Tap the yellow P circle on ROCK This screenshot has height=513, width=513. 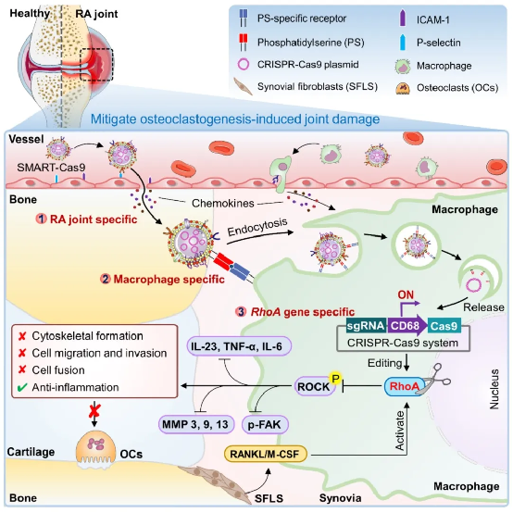click(x=335, y=379)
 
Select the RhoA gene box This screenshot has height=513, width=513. click(x=405, y=386)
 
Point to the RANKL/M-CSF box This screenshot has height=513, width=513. click(x=266, y=454)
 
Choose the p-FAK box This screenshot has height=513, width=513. click(x=265, y=425)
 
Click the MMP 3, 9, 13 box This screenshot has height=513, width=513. click(x=195, y=425)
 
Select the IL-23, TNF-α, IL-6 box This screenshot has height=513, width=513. click(x=239, y=346)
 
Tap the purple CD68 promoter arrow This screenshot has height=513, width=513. click(x=407, y=326)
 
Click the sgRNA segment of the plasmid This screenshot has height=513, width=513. click(x=367, y=326)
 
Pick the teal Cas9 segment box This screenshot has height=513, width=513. click(x=444, y=326)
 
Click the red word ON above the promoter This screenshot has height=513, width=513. click(x=406, y=294)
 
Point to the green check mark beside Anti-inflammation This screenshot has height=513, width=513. click(x=22, y=388)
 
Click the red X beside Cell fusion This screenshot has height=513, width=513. click(x=22, y=370)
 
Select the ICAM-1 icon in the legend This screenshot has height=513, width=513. click(x=403, y=19)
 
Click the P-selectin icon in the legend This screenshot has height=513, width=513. click(x=403, y=43)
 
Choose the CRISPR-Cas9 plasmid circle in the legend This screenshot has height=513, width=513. click(x=244, y=64)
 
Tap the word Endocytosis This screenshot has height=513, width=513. click(x=257, y=227)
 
